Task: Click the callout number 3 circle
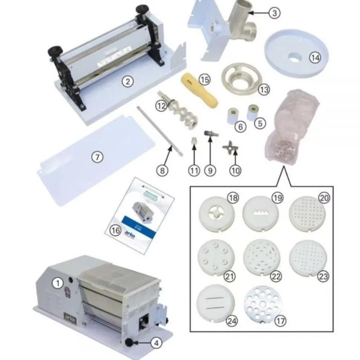point(274,13)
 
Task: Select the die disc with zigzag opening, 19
point(261,212)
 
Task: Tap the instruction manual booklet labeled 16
point(139,214)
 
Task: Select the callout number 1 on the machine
point(57,283)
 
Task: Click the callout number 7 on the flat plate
point(97,157)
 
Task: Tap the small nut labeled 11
point(193,141)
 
